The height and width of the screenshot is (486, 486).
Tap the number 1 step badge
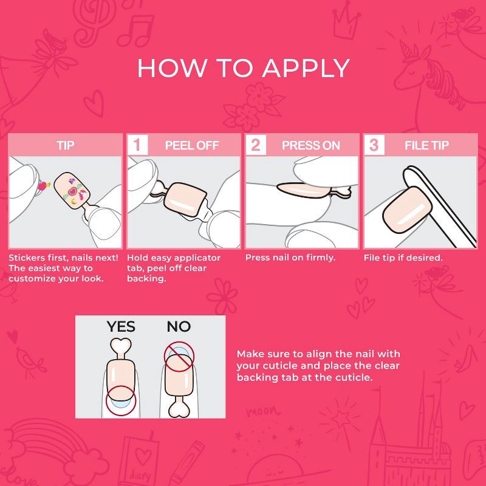coord(137,145)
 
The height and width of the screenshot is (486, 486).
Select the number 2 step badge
coord(256,145)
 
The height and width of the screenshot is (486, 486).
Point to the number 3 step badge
coord(374,145)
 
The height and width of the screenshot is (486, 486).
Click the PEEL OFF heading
coord(192,145)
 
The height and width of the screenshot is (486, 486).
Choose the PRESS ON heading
coord(310,145)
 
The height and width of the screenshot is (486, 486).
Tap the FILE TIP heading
coord(426,145)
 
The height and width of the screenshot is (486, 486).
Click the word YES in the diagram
coord(121,327)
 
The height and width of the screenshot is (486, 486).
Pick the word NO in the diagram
coord(179,327)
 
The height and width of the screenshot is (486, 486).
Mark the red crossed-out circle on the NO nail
coord(179,357)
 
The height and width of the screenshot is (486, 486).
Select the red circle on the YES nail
coord(120,401)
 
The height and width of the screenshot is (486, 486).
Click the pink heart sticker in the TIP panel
coord(43,186)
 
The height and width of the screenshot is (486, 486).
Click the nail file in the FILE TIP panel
coord(440,206)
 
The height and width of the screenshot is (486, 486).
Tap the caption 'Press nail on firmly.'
coord(290,258)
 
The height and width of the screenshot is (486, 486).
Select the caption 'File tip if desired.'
coord(403,258)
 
